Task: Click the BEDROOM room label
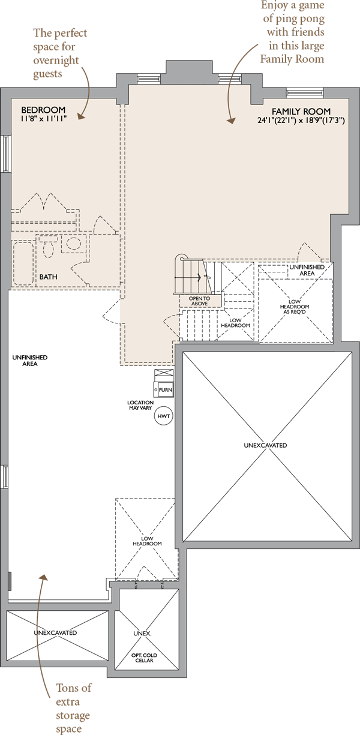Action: tap(43, 110)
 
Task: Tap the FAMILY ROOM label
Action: tap(301, 111)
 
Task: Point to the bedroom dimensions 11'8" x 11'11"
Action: tap(44, 118)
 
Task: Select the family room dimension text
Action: tap(301, 120)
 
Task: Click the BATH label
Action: tap(48, 277)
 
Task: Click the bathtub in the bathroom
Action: tap(23, 263)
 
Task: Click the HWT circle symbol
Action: tap(163, 416)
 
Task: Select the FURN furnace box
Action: tap(164, 389)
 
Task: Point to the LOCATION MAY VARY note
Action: tap(140, 405)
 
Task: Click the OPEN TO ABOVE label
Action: tap(200, 301)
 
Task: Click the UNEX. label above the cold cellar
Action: tap(142, 633)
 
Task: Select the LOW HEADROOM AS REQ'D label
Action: tap(295, 307)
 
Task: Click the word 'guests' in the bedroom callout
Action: tap(47, 74)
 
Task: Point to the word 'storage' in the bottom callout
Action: tap(73, 715)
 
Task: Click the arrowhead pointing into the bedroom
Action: tap(80, 116)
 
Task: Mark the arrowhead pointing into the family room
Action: tap(232, 121)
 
